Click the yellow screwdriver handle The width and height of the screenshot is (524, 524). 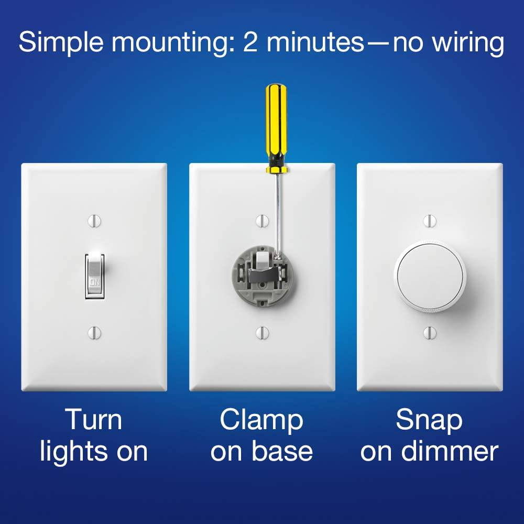[275, 128]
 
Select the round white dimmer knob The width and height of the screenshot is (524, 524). [430, 276]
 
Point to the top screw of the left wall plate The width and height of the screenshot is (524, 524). [94, 221]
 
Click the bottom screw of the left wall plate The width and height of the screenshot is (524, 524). [94, 332]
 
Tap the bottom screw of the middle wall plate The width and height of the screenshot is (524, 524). [262, 332]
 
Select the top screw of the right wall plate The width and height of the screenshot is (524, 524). [430, 221]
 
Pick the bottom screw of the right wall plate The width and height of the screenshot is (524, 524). [430, 332]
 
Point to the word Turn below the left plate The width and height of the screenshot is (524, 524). [93, 420]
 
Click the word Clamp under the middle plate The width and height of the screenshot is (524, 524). [261, 421]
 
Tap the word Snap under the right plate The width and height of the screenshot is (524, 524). [429, 421]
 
